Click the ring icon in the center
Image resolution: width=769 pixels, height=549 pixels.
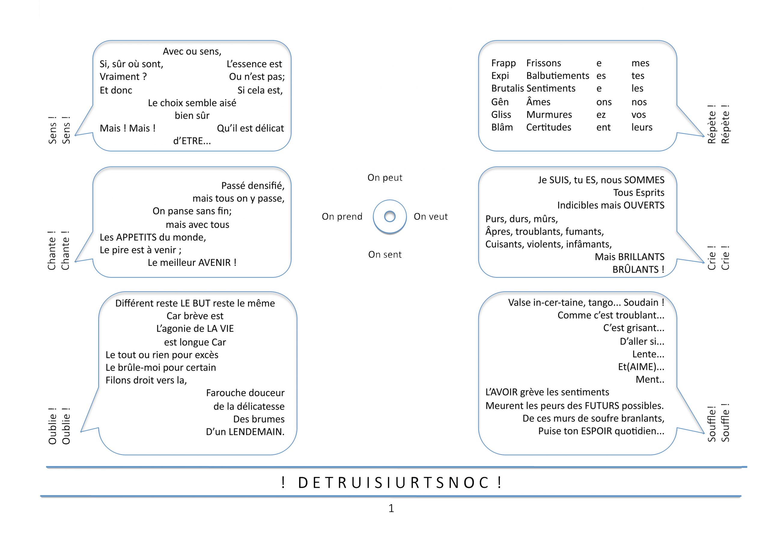389,216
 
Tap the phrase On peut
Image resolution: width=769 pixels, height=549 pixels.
385,178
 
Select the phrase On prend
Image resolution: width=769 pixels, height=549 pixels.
342,217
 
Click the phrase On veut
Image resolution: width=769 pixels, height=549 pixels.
430,217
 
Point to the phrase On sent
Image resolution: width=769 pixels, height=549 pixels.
385,255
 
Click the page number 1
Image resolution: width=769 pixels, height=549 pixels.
391,508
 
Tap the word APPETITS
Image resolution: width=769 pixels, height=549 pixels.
137,237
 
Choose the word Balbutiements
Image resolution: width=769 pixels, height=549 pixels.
558,76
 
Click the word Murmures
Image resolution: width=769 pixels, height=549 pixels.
549,115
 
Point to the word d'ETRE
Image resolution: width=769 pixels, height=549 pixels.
192,141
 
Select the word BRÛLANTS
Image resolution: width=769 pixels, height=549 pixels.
635,270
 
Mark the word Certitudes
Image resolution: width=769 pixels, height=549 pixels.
549,128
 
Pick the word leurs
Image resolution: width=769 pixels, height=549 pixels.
641,128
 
